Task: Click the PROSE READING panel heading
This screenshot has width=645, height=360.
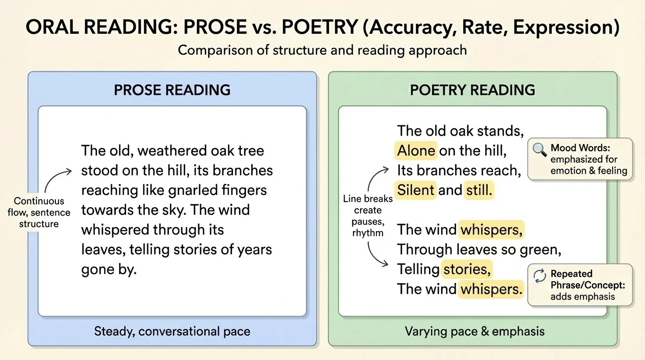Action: (x=172, y=90)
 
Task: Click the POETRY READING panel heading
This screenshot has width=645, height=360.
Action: (x=472, y=90)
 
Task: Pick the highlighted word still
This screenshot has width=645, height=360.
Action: (x=479, y=190)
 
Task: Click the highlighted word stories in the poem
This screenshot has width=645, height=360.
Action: (x=467, y=269)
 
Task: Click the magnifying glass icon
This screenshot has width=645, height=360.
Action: (x=540, y=150)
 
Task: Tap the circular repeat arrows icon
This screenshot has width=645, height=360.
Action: (x=540, y=276)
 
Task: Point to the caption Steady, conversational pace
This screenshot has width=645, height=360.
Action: (x=172, y=331)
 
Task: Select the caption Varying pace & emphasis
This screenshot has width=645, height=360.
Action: (x=474, y=331)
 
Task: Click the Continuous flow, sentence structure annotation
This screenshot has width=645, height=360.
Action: (x=39, y=212)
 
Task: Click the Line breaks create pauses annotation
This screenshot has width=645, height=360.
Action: (x=368, y=216)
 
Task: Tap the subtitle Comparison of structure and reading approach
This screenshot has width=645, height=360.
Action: (x=322, y=50)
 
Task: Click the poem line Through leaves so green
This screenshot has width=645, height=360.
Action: (x=479, y=249)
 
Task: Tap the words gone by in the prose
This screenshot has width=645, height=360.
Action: (x=109, y=269)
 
